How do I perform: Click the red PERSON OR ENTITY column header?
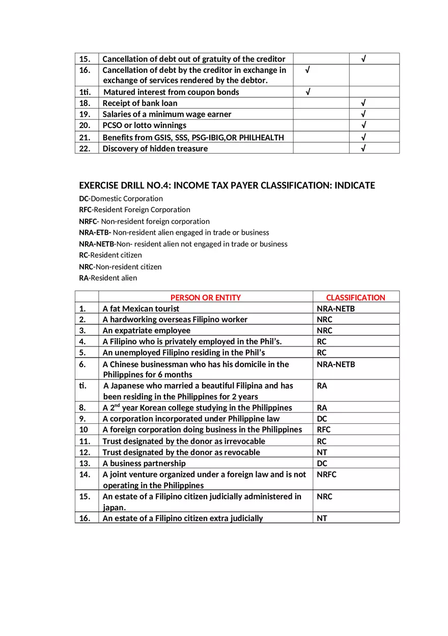coord(205,297)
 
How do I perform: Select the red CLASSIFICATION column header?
coord(355,297)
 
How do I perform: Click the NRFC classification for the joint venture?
coord(326,474)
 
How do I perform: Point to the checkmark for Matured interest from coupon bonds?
coord(308,92)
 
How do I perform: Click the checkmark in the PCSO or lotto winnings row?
coord(363,125)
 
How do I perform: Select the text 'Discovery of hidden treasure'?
coord(155,148)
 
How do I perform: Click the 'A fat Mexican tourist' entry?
coord(141,309)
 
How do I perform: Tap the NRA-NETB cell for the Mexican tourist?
coord(335,309)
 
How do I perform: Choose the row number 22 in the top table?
coord(85,148)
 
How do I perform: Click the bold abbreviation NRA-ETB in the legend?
coord(95,233)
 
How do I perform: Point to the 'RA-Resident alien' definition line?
coord(108,278)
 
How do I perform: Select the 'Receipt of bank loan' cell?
coord(139,103)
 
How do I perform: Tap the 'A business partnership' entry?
coord(144,463)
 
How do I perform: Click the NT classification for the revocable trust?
coord(322,452)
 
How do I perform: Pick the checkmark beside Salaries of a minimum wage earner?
coord(363,114)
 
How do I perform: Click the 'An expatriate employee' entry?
coord(146,330)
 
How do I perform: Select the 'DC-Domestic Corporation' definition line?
coord(121,198)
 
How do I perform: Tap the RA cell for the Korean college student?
coord(322,408)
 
